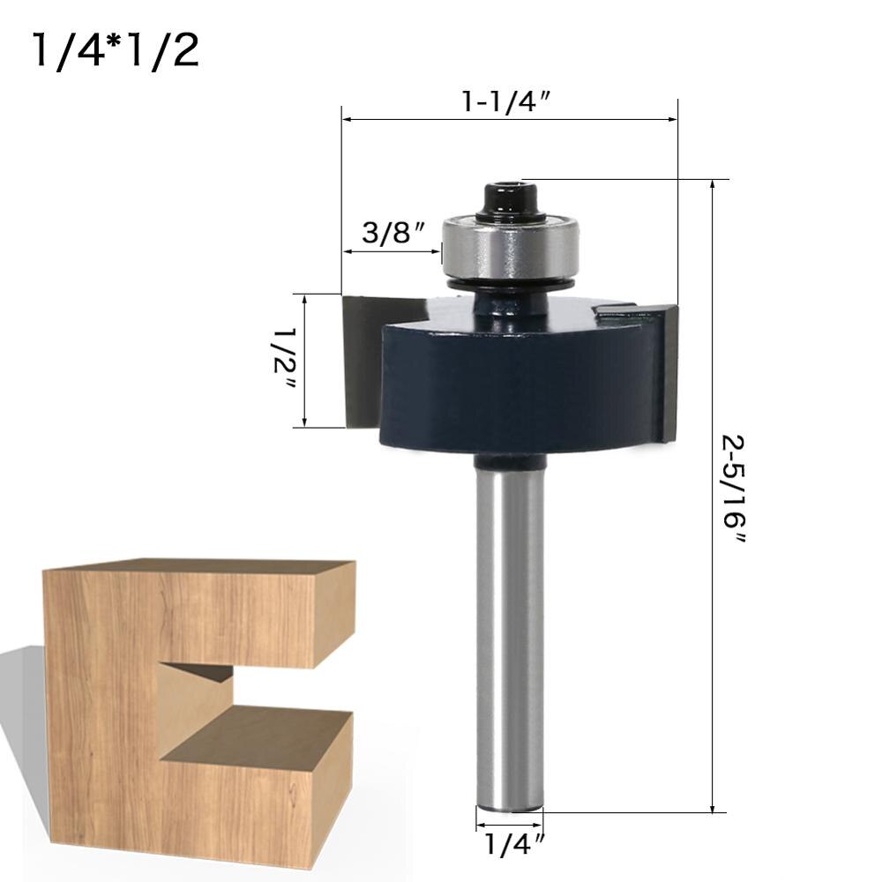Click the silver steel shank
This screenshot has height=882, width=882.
coord(510,635)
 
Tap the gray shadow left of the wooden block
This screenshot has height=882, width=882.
coord(22,706)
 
